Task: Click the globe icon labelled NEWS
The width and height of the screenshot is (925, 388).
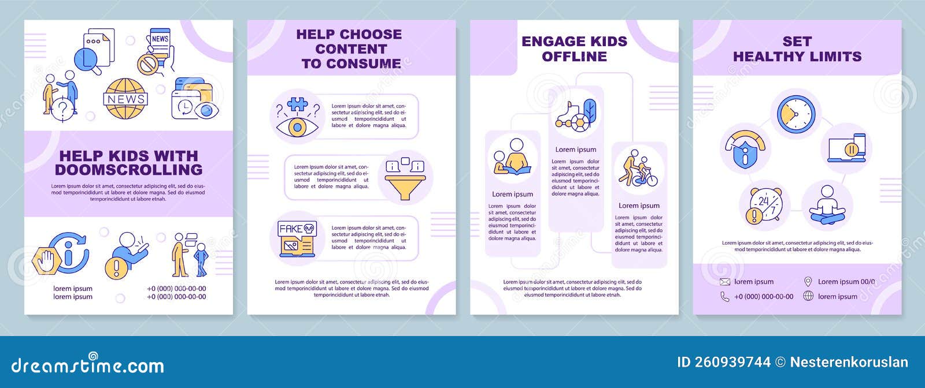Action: [125, 99]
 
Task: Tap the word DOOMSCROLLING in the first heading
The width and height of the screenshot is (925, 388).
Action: [128, 170]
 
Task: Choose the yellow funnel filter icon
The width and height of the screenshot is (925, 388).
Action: [405, 178]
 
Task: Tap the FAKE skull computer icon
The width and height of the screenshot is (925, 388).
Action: [297, 238]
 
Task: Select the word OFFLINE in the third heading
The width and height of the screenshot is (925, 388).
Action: [574, 57]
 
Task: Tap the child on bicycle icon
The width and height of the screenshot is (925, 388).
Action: [638, 169]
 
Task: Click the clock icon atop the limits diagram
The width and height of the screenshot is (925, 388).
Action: [795, 114]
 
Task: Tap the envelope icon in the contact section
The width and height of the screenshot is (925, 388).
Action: [725, 282]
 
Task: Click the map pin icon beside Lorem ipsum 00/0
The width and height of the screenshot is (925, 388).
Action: [808, 282]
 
